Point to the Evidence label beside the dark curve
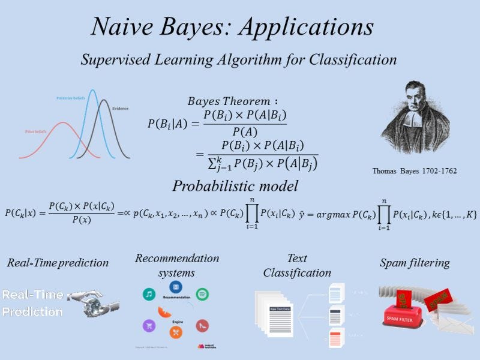pos(121,109)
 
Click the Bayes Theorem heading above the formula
pos(233,101)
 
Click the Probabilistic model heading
pos(235,186)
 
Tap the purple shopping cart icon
pos(148,326)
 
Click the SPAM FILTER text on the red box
pos(402,317)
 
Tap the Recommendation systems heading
pos(177,265)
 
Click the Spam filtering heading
pos(415,263)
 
